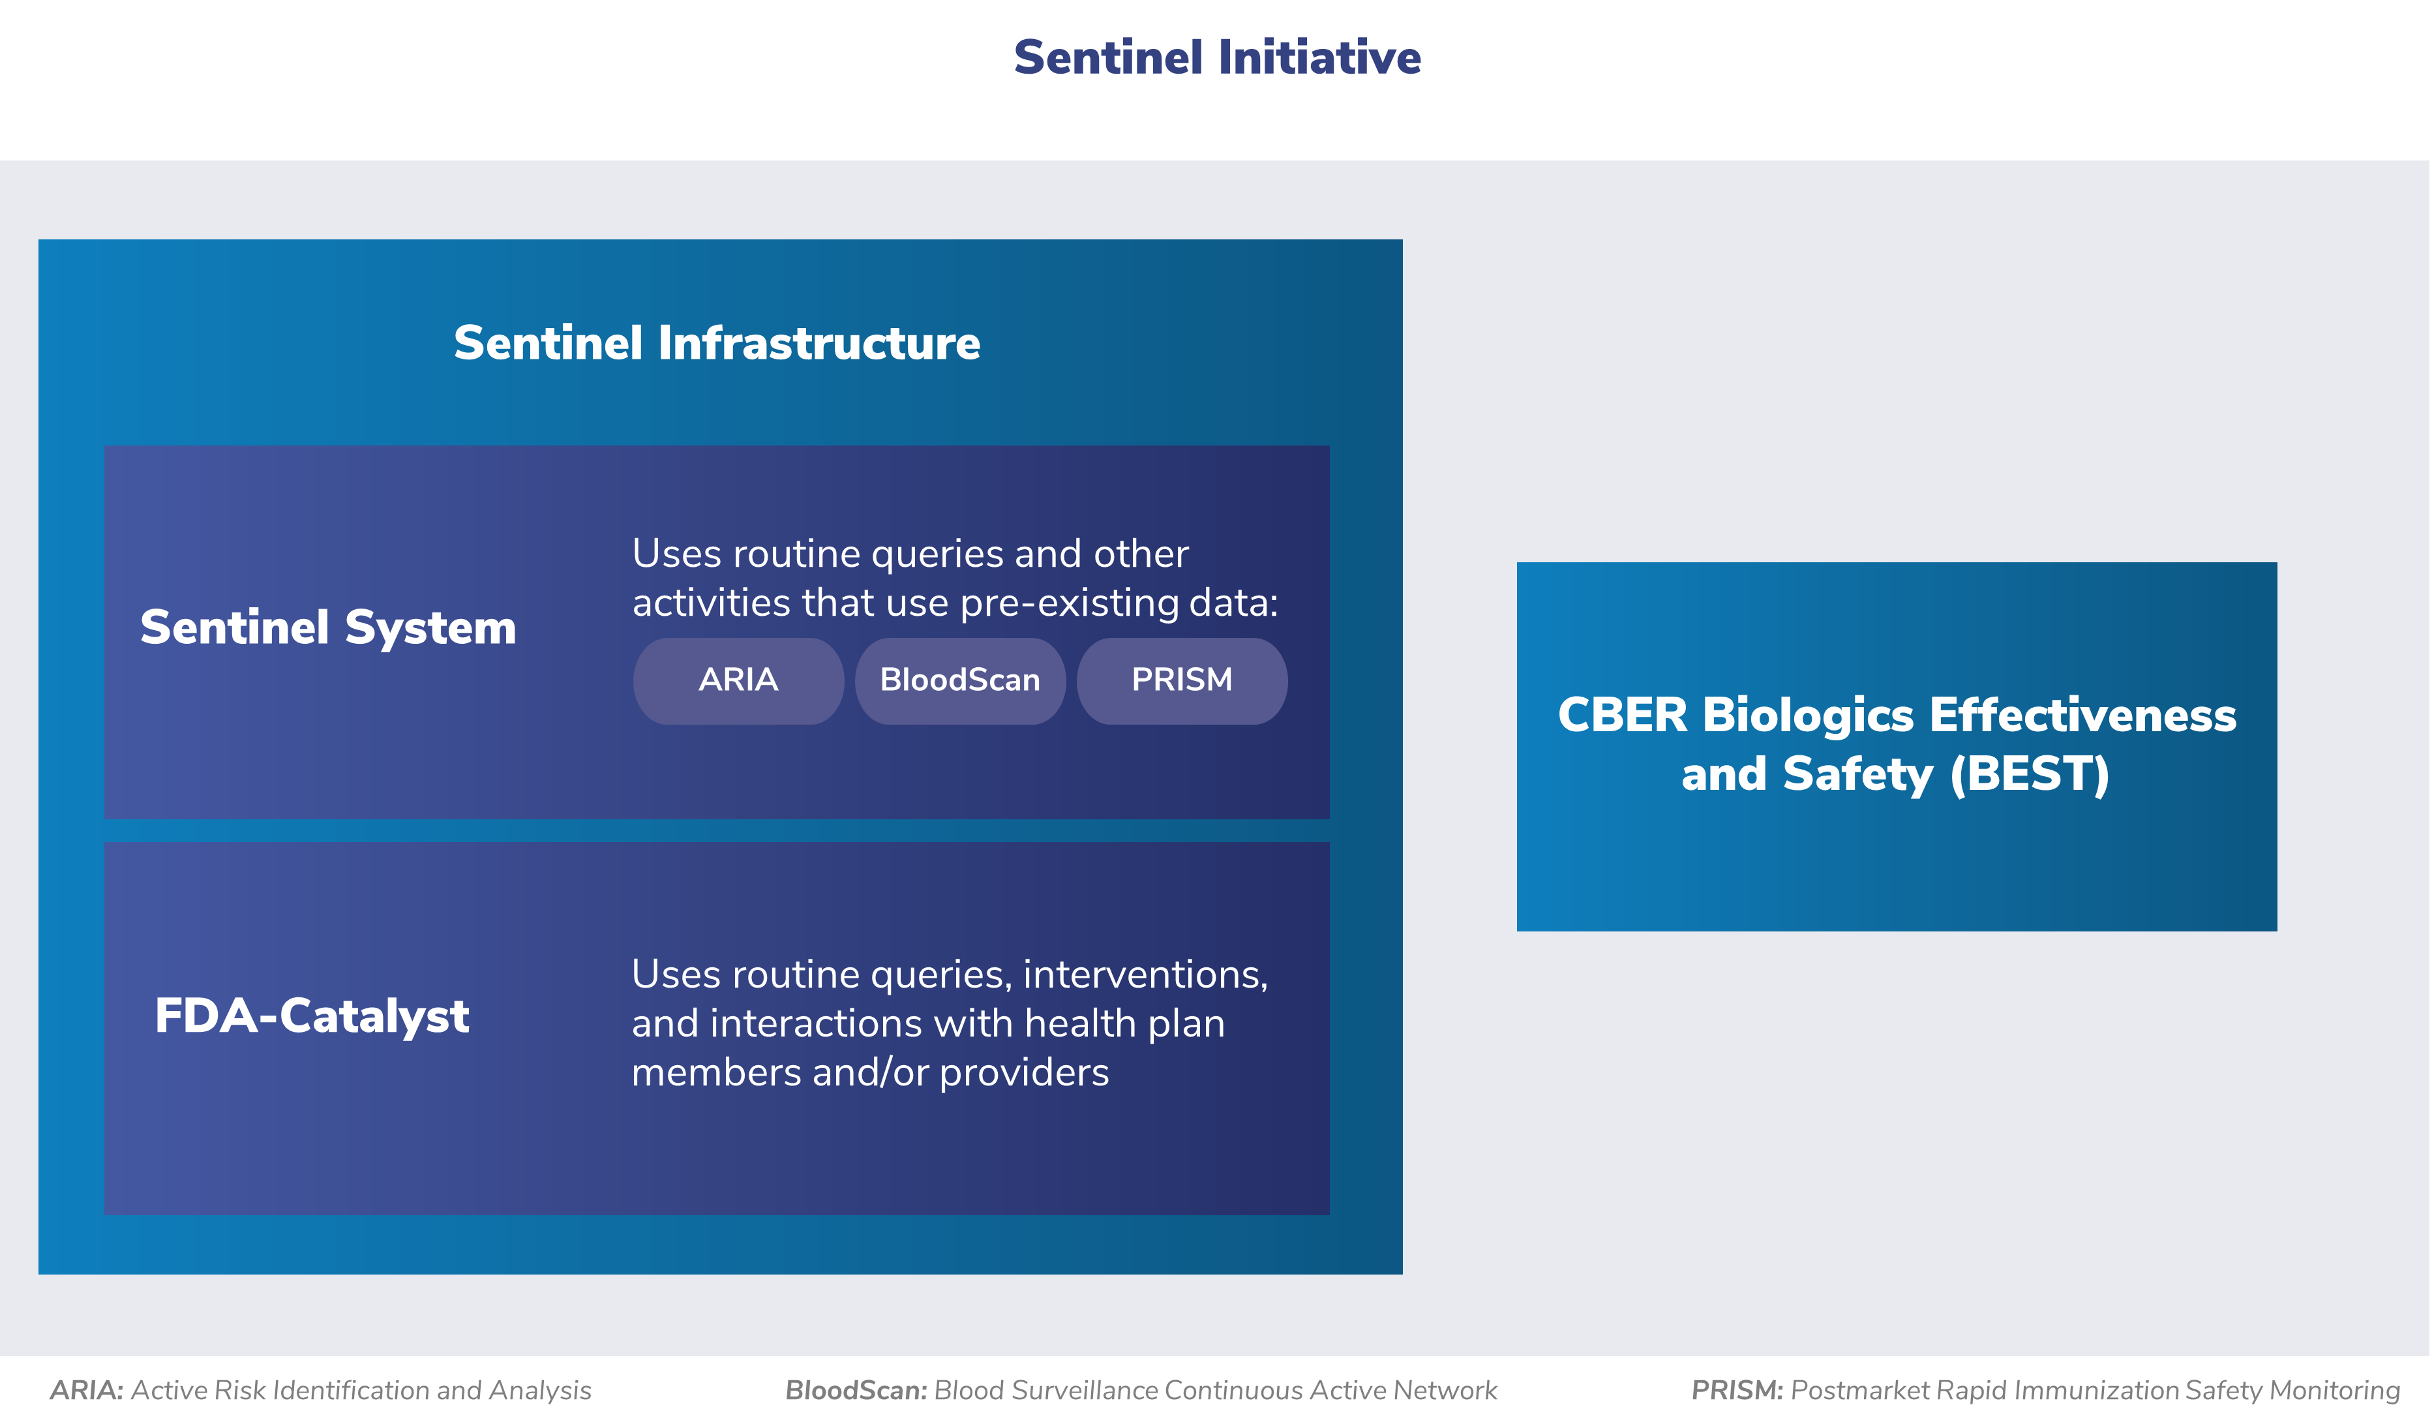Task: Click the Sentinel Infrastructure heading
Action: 717,343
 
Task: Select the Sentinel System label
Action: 329,628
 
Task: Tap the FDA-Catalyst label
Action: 312,1016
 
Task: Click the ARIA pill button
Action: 738,680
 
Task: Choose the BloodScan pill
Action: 960,680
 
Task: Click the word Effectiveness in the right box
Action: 2082,716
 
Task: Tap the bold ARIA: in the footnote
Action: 87,1390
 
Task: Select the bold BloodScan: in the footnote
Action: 856,1390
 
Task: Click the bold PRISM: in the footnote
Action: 1737,1390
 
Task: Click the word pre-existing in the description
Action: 1070,604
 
